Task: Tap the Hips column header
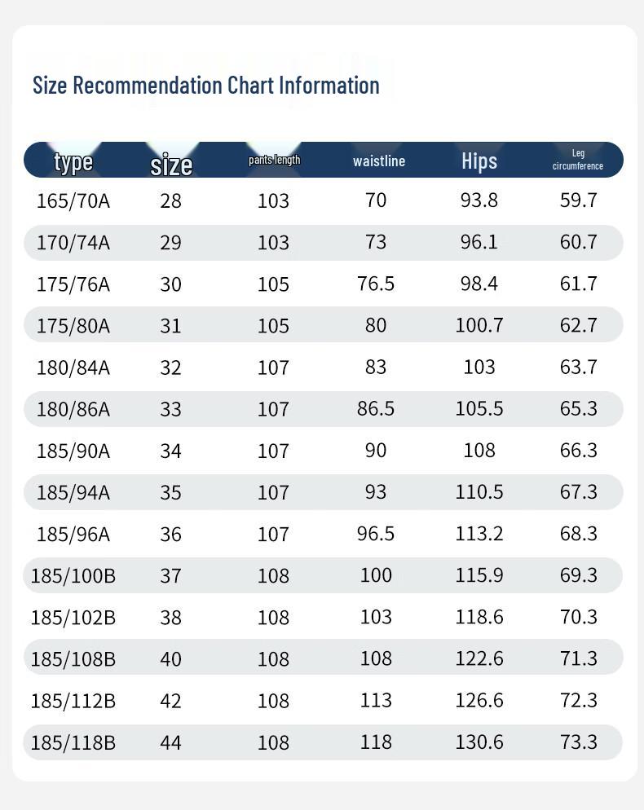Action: coord(479,161)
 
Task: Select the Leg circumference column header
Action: coord(578,160)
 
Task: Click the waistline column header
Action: coord(379,161)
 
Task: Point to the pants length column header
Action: coord(274,160)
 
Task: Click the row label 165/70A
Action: coord(73,200)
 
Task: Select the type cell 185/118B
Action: coord(73,742)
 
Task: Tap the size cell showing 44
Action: coord(170,742)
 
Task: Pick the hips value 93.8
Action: coord(479,200)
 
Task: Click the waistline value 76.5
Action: coord(376,284)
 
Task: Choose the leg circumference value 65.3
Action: coord(579,408)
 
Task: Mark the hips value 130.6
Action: coord(479,742)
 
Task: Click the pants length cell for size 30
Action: coord(273,284)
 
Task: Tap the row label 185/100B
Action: coord(73,576)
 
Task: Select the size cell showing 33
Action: coord(170,409)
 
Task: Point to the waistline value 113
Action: coord(376,700)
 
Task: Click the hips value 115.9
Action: coord(479,575)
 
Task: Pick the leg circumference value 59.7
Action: coord(579,200)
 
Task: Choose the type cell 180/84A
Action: coord(73,368)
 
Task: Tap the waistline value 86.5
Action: coord(376,408)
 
